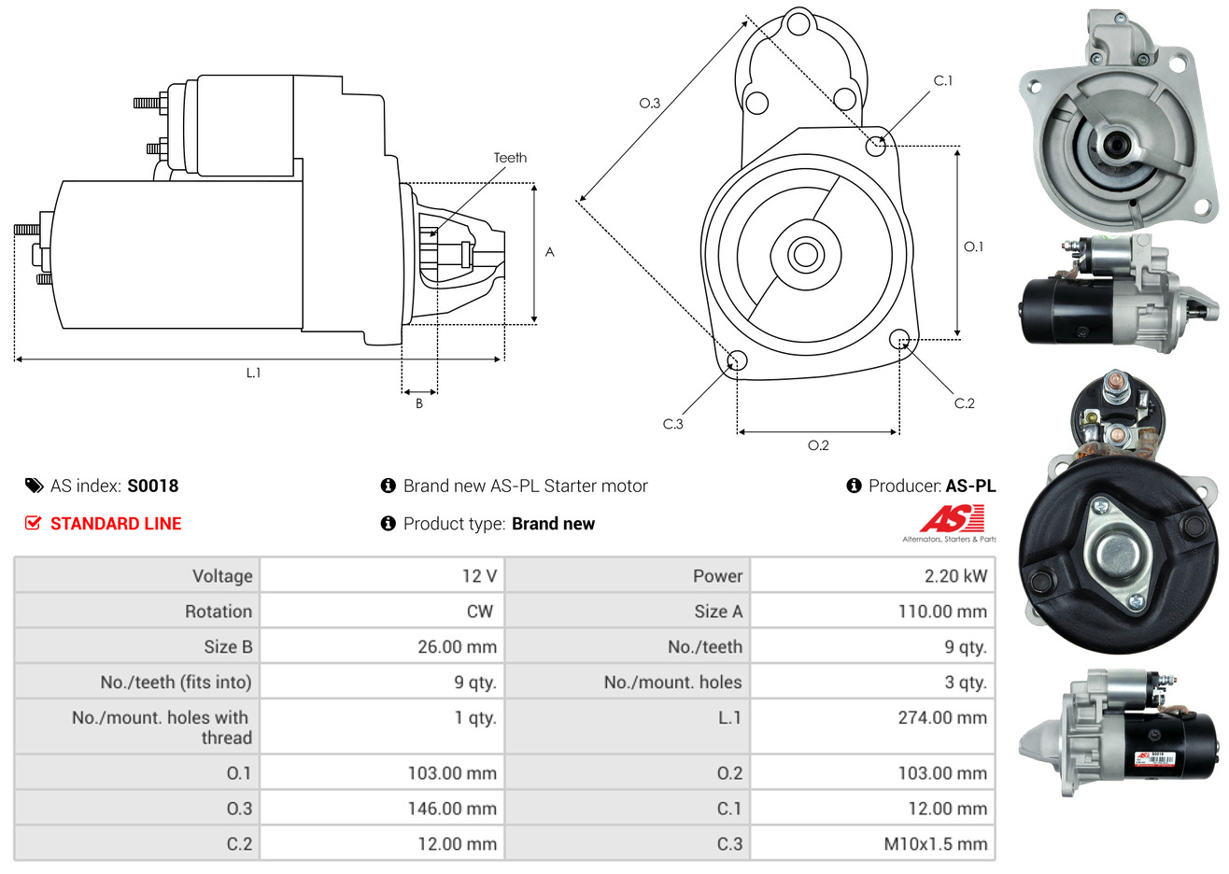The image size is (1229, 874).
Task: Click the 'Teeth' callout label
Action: coord(510,158)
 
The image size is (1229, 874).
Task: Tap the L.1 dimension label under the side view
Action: coord(253,373)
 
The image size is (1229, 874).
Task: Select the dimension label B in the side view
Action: coord(419,403)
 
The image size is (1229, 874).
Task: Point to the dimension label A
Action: coord(550,252)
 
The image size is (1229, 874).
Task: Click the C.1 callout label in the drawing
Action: coord(943,81)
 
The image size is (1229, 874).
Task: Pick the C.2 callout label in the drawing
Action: coord(964,403)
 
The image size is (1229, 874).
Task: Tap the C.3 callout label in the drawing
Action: coord(672,424)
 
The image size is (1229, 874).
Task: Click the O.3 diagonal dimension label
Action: coord(650,104)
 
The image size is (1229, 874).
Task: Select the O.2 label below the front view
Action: coord(818,445)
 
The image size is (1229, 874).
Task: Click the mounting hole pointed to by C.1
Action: coord(875,146)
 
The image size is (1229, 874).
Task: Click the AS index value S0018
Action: coord(152,486)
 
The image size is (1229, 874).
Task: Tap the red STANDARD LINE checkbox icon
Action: coord(34,523)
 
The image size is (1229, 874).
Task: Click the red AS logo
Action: coord(952,519)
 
